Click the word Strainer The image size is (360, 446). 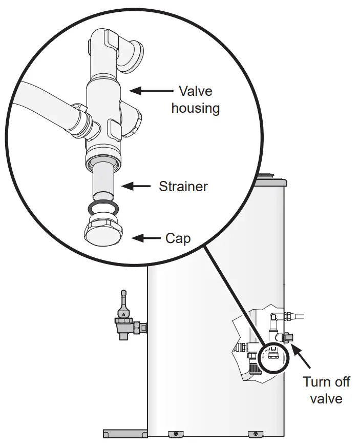click(183, 186)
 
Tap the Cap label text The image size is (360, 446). click(177, 238)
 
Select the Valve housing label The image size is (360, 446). click(195, 99)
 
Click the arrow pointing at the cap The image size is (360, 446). click(146, 238)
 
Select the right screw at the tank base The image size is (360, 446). click(251, 434)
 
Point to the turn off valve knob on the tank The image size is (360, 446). click(287, 338)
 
